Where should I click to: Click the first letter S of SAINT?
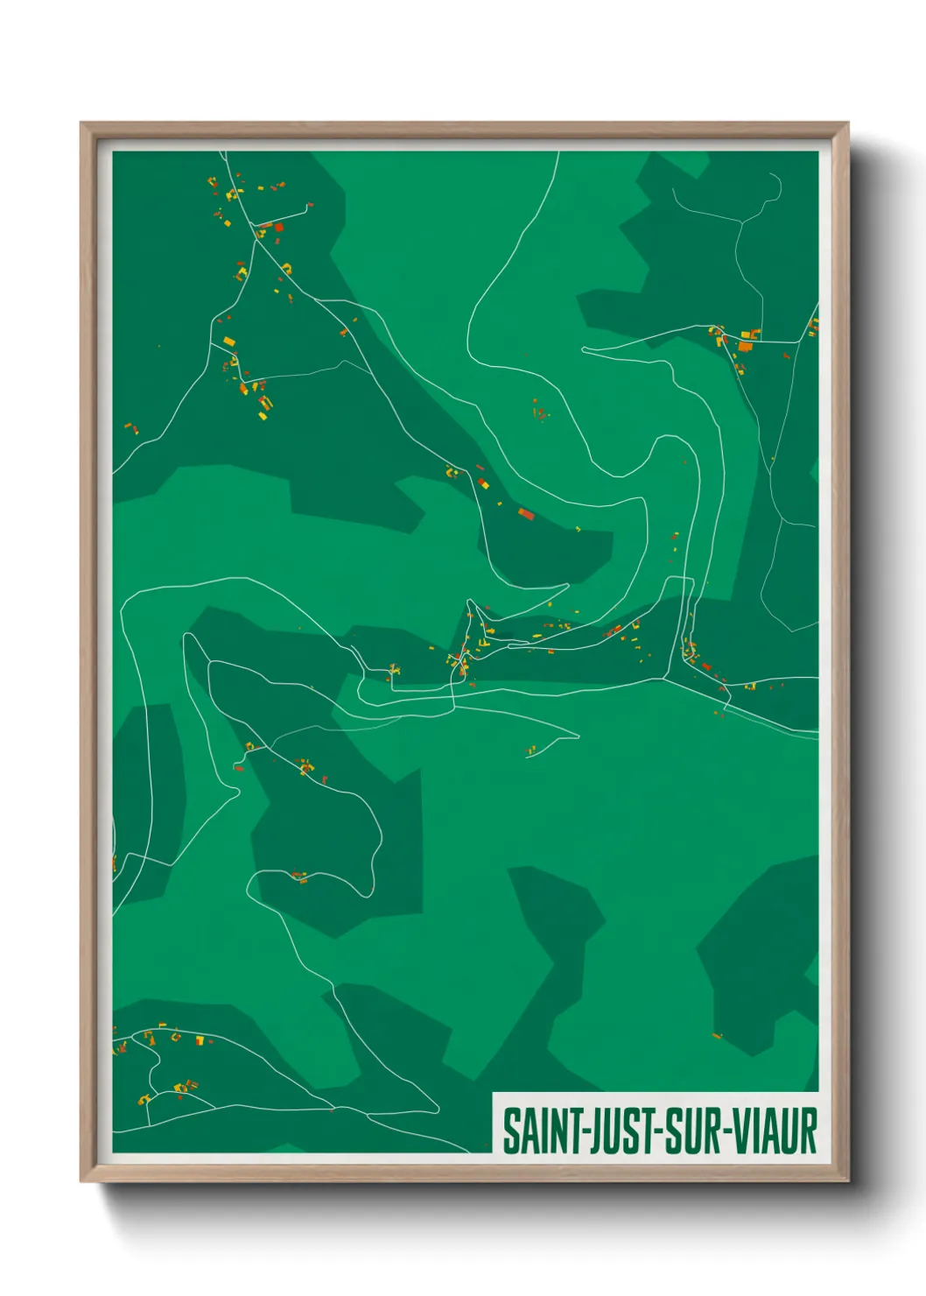(x=510, y=1130)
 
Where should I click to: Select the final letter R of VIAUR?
(x=808, y=1130)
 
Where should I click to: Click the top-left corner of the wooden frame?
(x=82, y=124)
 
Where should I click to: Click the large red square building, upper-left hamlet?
(x=279, y=228)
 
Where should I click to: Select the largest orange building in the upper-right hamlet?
(x=745, y=346)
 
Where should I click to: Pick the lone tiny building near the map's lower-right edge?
(x=717, y=1037)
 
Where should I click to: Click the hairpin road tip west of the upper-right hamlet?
(x=584, y=350)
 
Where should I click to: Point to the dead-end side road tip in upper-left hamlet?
(x=311, y=206)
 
